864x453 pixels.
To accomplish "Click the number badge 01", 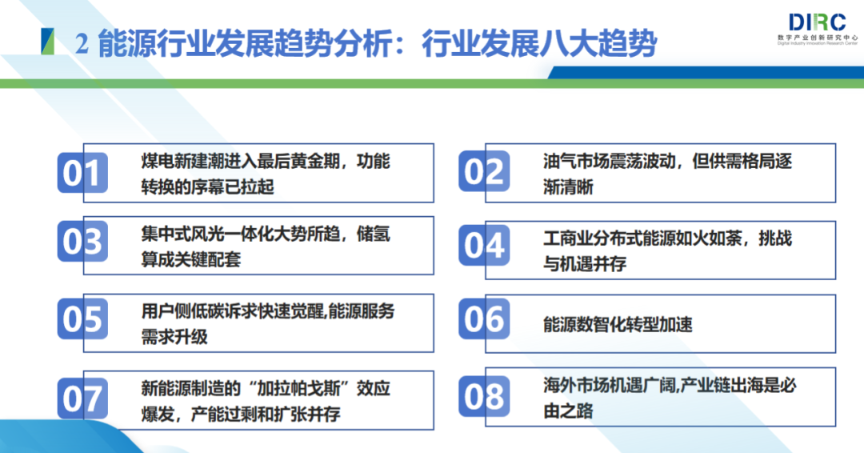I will click(x=82, y=172).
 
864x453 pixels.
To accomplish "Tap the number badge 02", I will click(x=484, y=172).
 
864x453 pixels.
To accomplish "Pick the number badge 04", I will click(x=484, y=245).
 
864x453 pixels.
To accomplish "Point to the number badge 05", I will click(x=82, y=319).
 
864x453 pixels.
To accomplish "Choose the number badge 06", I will click(x=484, y=319).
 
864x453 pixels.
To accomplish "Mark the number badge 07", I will click(x=82, y=398).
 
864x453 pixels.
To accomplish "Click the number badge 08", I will click(x=484, y=395).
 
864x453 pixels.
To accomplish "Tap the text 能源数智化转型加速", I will click(x=618, y=324).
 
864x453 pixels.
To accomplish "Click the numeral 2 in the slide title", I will click(x=81, y=44).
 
